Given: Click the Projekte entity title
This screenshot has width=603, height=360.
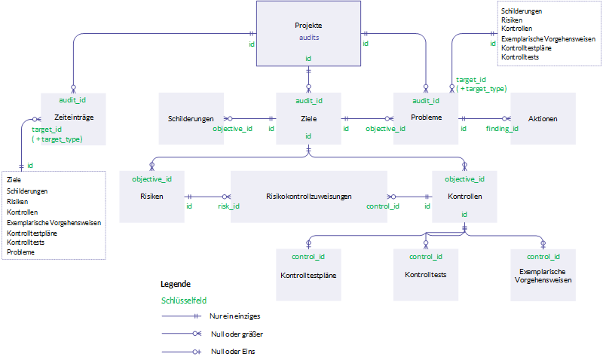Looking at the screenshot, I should tap(308, 26).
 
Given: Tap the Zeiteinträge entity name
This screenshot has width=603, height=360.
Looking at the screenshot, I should tap(73, 117).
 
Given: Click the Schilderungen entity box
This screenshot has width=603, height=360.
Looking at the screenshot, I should tap(191, 118).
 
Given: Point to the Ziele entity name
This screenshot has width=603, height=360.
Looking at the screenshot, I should tap(308, 118).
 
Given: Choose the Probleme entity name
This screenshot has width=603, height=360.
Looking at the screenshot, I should tap(426, 117).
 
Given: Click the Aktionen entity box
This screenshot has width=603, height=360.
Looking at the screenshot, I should tap(543, 118).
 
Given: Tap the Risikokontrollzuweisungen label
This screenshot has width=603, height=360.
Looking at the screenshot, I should tap(308, 196).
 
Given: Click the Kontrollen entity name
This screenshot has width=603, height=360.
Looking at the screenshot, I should tap(464, 196).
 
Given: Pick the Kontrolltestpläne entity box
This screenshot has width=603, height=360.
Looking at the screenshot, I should tap(308, 275).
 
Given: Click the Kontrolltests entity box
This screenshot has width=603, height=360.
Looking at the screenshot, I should tap(425, 275).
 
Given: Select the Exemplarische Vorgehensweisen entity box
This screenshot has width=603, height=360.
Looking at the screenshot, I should tap(543, 275).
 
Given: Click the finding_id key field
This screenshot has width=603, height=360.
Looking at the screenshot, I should tap(501, 129).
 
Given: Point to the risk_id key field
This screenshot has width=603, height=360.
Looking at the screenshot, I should tap(228, 206).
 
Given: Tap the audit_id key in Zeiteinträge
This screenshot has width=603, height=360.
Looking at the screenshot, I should tap(72, 100).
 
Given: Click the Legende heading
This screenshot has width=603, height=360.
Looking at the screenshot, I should tap(176, 285).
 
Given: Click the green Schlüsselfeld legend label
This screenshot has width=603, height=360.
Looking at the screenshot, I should tap(184, 299).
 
